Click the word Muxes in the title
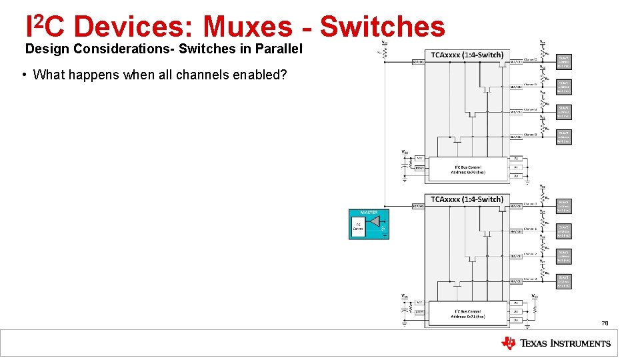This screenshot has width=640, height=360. point(247,27)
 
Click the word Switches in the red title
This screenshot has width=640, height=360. point(383,27)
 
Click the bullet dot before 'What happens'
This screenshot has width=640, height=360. point(24,74)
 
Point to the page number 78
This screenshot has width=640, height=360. point(605,323)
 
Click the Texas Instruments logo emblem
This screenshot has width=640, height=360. point(509,343)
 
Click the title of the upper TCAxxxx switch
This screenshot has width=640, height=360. point(467,55)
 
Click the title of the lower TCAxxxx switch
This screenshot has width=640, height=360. point(467,199)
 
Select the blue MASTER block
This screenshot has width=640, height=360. point(369,224)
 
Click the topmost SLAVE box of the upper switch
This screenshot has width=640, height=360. point(564,61)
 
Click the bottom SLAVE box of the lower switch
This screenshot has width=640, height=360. point(564,281)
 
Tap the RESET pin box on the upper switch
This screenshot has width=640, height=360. point(419,167)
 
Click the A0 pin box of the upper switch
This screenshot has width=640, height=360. point(515,158)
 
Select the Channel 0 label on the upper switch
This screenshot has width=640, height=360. point(531,59)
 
